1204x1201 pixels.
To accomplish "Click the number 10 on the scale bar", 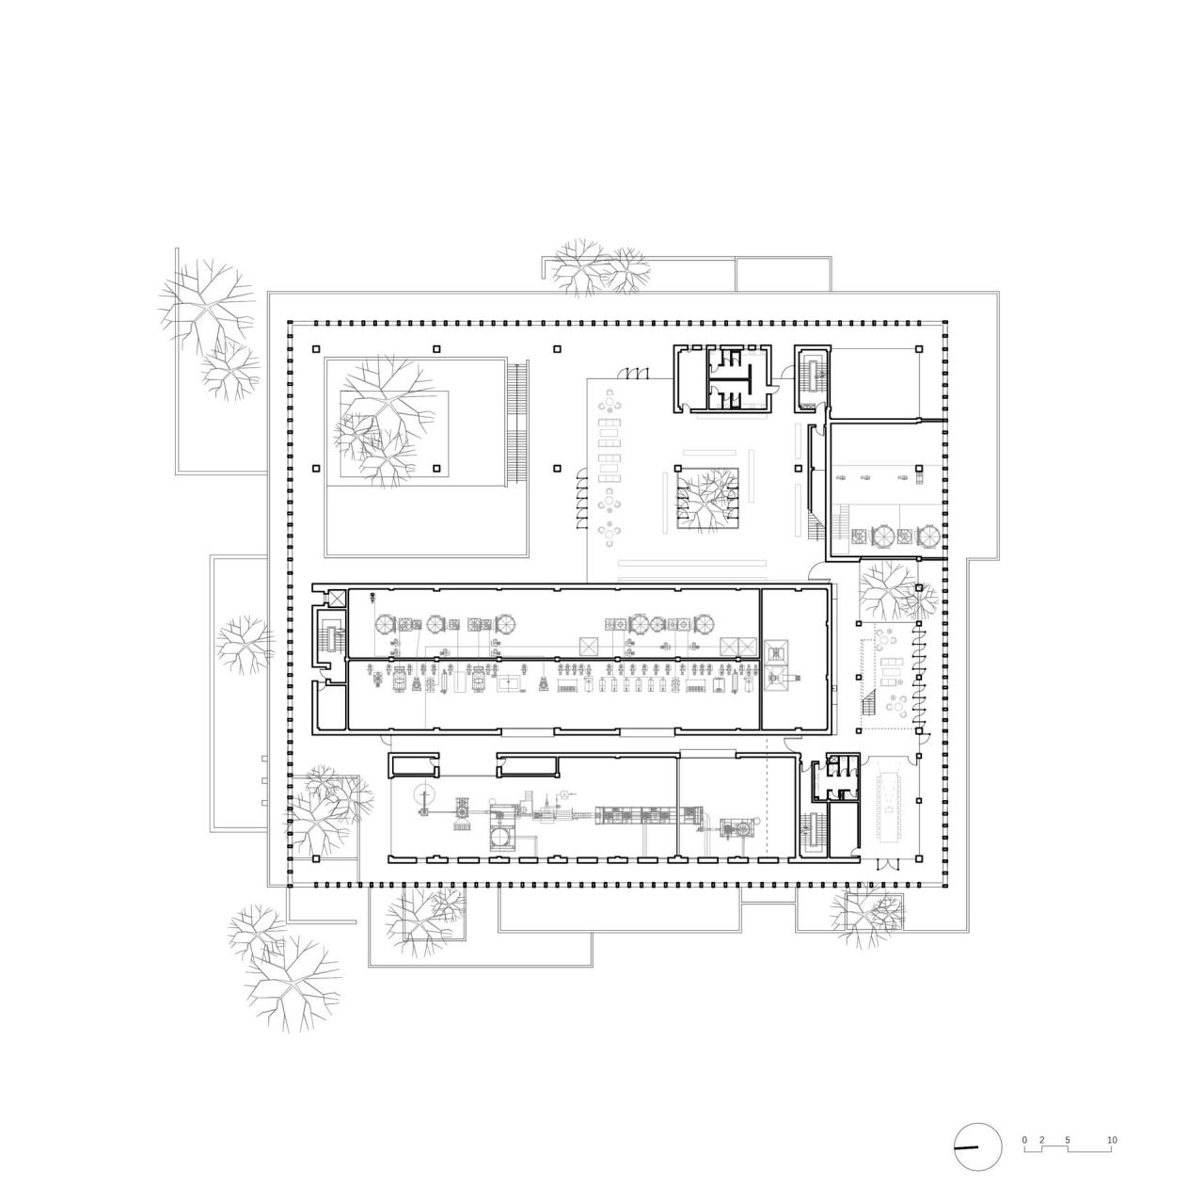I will click(1112, 1141).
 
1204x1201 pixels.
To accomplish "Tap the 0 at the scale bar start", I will click(1024, 1141).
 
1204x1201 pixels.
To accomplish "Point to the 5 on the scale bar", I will click(1068, 1141).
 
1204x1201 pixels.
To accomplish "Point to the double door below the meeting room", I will click(885, 864).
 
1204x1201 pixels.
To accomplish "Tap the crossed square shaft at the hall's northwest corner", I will click(332, 598).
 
